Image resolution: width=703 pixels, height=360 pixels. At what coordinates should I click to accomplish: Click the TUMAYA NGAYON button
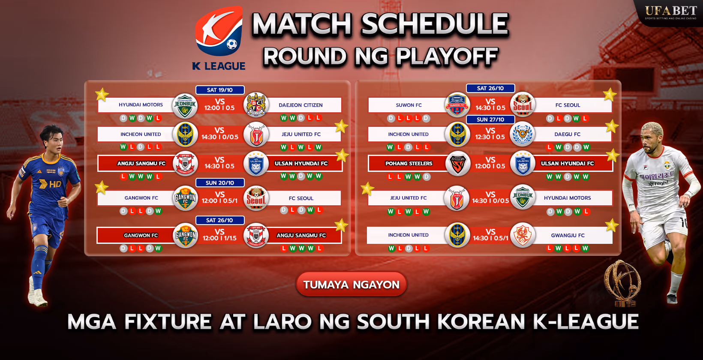click(x=351, y=284)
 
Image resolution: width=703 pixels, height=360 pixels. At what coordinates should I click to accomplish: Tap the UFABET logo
click(x=671, y=12)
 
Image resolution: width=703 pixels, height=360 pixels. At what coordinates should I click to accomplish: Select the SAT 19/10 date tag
click(x=220, y=90)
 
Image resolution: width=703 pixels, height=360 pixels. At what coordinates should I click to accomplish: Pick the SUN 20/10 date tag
click(x=220, y=183)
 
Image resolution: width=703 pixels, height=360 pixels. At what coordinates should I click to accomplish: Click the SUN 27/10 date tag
click(x=490, y=120)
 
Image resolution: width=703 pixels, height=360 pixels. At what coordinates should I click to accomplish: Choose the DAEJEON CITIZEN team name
click(x=300, y=105)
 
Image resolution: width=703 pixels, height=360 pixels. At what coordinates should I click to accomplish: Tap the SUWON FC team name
click(x=409, y=105)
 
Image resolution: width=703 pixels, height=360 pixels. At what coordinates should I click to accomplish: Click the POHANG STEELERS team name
click(x=409, y=163)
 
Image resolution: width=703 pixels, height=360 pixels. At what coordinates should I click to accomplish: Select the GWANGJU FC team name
click(x=568, y=235)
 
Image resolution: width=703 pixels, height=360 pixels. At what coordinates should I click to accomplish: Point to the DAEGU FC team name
click(x=567, y=134)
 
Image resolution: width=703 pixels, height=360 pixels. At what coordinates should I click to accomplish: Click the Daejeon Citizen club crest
click(x=256, y=105)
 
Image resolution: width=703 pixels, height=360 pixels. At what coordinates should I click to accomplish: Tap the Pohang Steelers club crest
click(x=457, y=163)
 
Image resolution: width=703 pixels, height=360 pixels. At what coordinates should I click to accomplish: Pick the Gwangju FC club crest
click(x=523, y=235)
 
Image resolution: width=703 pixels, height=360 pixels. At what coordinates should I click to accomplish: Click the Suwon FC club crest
click(x=457, y=105)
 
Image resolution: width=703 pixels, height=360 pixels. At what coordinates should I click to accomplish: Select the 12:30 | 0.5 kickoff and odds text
click(x=490, y=137)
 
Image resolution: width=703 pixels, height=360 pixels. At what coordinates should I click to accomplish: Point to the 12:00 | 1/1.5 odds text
click(x=219, y=238)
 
